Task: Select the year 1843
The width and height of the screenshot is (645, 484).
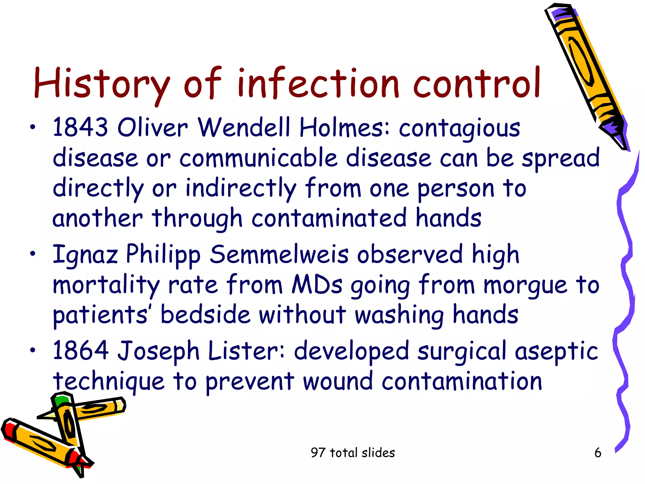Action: [x=80, y=127]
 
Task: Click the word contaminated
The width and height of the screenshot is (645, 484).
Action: [x=329, y=218]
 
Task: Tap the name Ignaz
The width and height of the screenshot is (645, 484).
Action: [x=85, y=255]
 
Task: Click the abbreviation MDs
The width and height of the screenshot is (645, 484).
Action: [x=317, y=284]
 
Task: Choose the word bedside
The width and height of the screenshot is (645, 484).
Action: [x=205, y=314]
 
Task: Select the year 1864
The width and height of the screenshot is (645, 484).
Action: [x=80, y=350]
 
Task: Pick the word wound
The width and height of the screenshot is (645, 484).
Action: [x=338, y=381]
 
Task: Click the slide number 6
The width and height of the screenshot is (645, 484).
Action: [x=597, y=453]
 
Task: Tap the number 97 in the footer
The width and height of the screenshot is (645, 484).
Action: [x=317, y=453]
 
